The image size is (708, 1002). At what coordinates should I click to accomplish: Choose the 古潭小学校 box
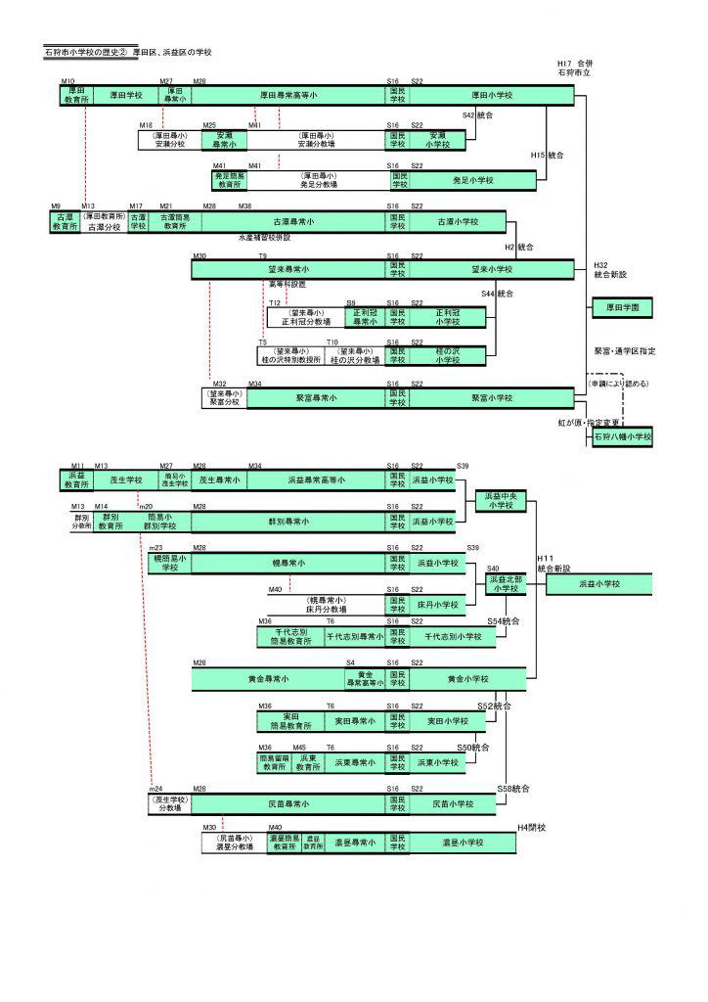[458, 222]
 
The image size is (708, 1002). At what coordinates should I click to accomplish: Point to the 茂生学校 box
[126, 480]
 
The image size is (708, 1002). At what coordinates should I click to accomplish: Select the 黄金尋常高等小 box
[364, 678]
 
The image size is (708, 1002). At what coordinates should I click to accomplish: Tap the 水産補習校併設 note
[264, 238]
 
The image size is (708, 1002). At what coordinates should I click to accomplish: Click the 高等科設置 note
[287, 284]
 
